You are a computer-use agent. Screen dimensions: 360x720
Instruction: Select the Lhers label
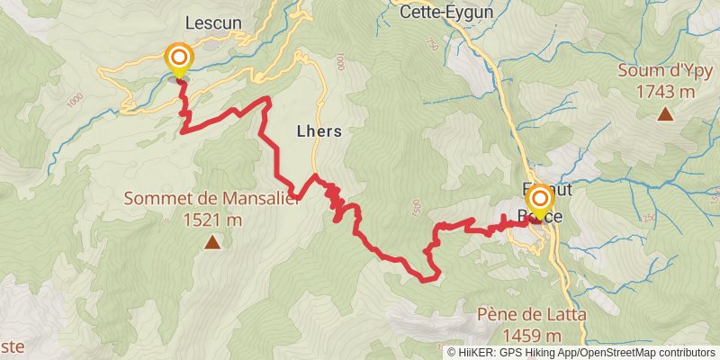click(x=319, y=130)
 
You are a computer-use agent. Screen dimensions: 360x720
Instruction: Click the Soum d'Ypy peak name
click(x=665, y=71)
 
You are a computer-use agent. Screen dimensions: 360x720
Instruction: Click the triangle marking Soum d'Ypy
click(x=665, y=113)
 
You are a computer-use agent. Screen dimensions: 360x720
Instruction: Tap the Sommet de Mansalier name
click(x=211, y=200)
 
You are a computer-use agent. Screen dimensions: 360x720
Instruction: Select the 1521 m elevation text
click(x=211, y=219)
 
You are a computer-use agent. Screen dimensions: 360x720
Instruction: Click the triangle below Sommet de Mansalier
click(x=211, y=241)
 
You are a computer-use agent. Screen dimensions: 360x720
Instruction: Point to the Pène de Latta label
click(x=530, y=315)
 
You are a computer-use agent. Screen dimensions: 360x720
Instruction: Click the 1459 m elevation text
click(x=530, y=335)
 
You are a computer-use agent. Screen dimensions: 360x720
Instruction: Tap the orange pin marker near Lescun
click(x=178, y=60)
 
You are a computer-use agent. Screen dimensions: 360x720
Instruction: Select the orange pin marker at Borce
click(x=539, y=200)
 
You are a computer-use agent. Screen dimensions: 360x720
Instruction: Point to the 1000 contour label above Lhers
click(x=338, y=62)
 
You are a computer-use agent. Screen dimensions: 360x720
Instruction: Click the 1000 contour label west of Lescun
click(x=74, y=98)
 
